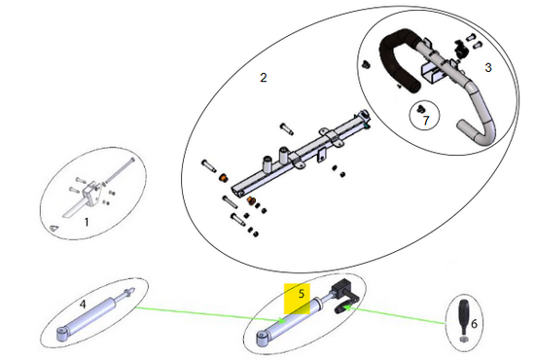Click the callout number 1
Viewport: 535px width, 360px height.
pos(87,222)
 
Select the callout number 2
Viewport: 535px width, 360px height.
pos(263,78)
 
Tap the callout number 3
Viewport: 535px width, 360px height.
pos(488,67)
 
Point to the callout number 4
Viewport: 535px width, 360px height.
pos(83,304)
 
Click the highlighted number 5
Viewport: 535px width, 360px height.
pos(301,294)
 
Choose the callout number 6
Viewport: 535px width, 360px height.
pos(474,323)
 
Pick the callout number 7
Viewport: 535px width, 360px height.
pos(426,121)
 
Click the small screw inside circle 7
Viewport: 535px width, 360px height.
pos(420,109)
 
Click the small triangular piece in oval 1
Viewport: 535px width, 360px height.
pos(53,229)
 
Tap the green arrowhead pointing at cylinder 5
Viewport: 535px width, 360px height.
pos(282,320)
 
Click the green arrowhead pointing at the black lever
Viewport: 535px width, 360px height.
pos(347,308)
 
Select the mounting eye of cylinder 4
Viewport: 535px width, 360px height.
pos(61,334)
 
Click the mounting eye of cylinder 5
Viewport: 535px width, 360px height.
pos(262,340)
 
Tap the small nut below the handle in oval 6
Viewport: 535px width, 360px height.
pos(463,340)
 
